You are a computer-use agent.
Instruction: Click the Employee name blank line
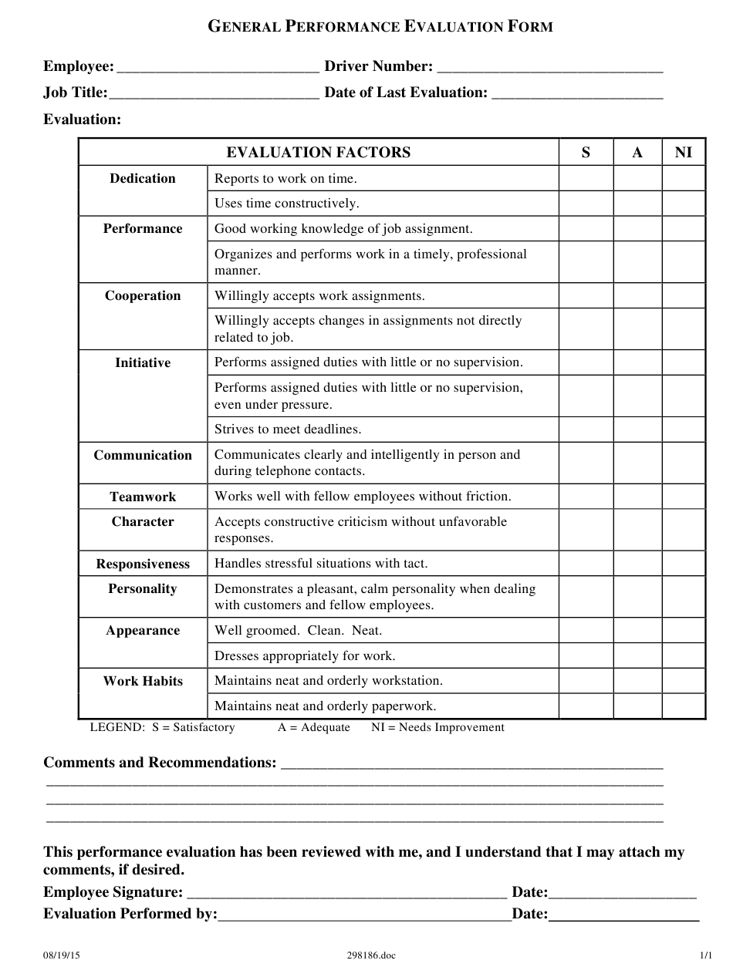(x=218, y=68)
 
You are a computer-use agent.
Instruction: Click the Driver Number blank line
(x=549, y=68)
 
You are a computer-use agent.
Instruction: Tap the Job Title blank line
(x=214, y=94)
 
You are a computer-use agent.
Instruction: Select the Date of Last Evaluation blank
(x=576, y=94)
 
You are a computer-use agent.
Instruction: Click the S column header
(x=586, y=153)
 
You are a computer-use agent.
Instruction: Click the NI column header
(x=684, y=153)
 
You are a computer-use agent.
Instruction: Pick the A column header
(x=637, y=153)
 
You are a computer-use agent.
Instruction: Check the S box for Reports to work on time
(x=586, y=179)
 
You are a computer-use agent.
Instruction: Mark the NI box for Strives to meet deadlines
(x=684, y=430)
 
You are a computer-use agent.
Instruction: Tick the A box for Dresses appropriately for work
(x=637, y=656)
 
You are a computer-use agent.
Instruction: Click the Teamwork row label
(x=143, y=497)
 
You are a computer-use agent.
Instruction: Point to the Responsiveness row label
(x=143, y=564)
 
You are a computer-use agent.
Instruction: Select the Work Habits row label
(x=143, y=681)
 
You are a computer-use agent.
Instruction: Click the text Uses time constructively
(x=286, y=204)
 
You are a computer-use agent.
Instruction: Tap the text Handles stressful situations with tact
(x=321, y=564)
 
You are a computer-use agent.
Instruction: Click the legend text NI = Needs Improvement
(x=437, y=727)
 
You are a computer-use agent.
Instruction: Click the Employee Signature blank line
(x=346, y=895)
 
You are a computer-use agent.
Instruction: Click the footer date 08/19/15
(x=61, y=955)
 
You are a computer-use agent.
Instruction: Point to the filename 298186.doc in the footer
(x=371, y=955)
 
